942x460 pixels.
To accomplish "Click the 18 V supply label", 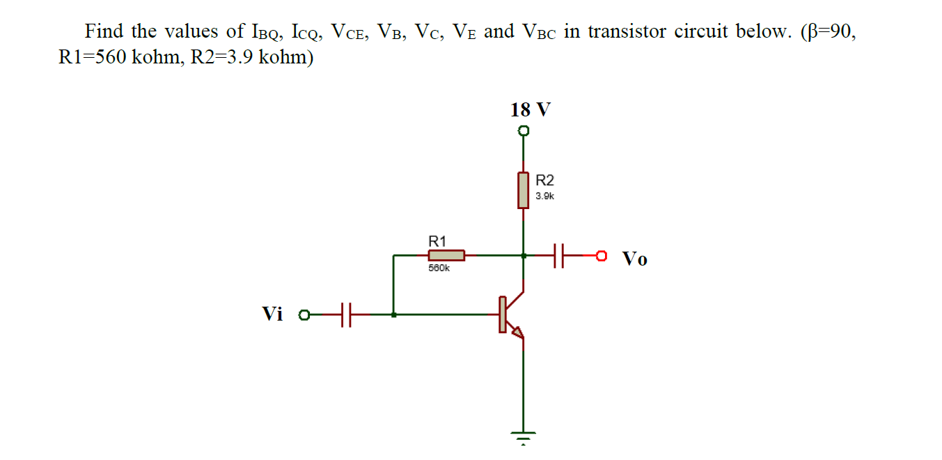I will [x=530, y=110].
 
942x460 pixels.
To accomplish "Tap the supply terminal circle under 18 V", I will [x=524, y=131].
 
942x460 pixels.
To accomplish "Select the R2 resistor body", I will [x=524, y=190].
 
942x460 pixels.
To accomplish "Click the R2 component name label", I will [x=545, y=181].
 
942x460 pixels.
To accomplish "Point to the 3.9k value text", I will [x=545, y=197].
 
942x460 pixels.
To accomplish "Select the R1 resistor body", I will [x=446, y=256].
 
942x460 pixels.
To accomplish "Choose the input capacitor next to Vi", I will [x=346, y=315].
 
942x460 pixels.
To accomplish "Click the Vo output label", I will [x=634, y=259].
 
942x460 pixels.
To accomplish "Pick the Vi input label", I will [x=273, y=314].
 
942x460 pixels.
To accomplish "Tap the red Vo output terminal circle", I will [x=601, y=256].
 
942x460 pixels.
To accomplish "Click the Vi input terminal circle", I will [x=304, y=315].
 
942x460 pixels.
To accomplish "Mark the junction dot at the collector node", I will [x=524, y=256].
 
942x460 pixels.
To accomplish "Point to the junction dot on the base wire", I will [x=394, y=315].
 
